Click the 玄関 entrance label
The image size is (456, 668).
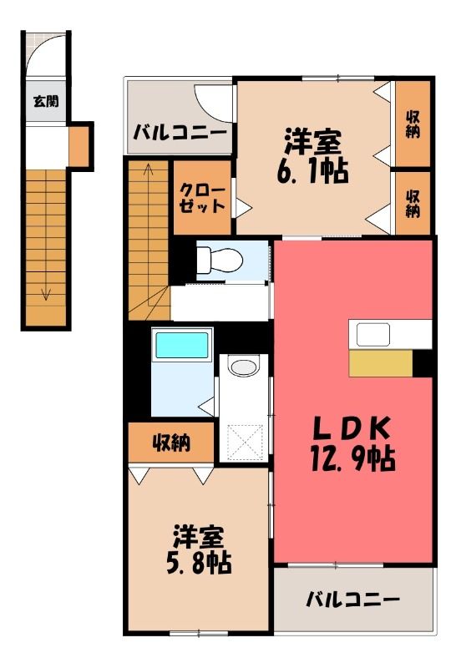click(x=46, y=101)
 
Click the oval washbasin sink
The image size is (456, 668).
click(x=243, y=367)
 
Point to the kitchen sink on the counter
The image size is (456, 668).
click(x=373, y=335)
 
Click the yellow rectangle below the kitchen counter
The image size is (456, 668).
click(x=381, y=363)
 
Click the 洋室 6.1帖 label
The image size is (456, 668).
click(x=313, y=156)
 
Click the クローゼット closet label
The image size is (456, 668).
click(x=202, y=199)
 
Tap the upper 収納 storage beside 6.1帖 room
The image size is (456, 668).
click(x=413, y=124)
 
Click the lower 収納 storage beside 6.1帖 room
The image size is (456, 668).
click(x=413, y=204)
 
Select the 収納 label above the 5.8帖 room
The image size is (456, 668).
click(x=171, y=443)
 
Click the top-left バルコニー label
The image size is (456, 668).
click(x=180, y=133)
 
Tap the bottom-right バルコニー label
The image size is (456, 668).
click(x=353, y=600)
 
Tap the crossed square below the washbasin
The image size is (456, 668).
click(x=244, y=443)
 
